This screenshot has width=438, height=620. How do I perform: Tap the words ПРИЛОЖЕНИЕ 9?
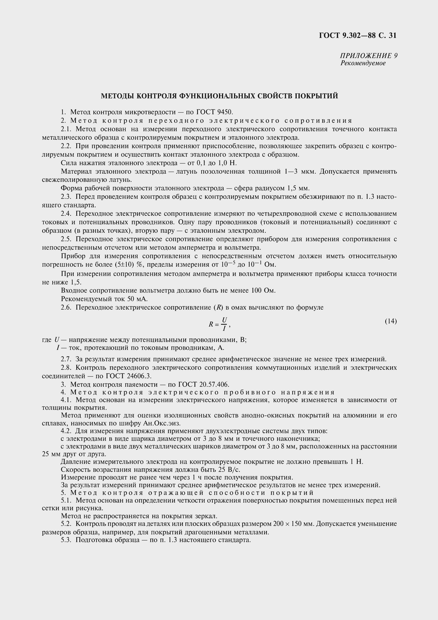[x=368, y=56]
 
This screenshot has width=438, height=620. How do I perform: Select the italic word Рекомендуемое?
[x=363, y=63]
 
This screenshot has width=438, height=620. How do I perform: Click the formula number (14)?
[x=391, y=321]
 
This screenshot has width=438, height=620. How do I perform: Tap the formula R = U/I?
[x=219, y=324]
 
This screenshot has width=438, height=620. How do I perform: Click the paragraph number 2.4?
[x=66, y=214]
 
